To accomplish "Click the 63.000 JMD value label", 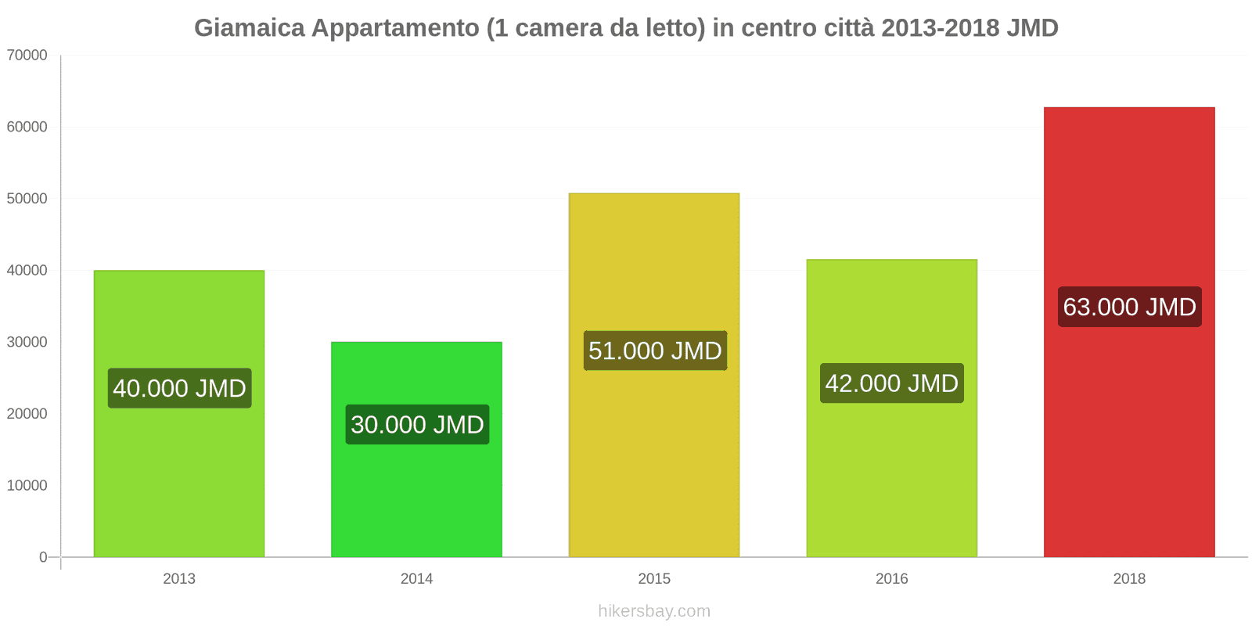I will point(1129,307).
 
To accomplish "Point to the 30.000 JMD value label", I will point(417,425).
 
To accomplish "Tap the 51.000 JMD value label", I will point(655,351).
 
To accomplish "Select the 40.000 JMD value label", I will point(179,388).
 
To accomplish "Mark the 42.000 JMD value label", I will point(892,383).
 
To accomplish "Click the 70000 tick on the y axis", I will point(27,56).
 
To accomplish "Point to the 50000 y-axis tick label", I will point(27,199).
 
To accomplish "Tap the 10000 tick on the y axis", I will point(27,486).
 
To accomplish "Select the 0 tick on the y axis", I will point(43,557).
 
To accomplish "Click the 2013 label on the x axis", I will point(179,579).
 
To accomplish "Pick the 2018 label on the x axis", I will point(1129,579).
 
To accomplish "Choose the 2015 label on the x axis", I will point(654,579).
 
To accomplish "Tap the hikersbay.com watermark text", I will point(654,611).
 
